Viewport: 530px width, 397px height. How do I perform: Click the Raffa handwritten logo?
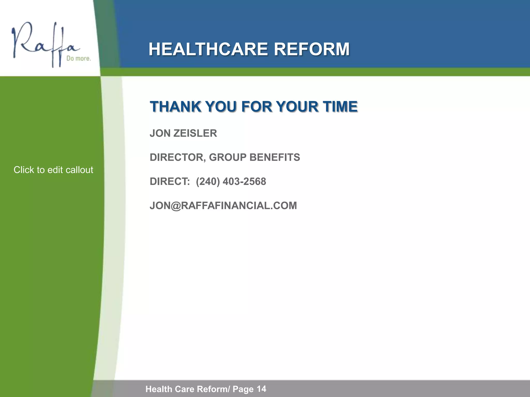44,44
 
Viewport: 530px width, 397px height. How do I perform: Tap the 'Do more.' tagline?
79,58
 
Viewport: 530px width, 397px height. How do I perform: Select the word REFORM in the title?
312,49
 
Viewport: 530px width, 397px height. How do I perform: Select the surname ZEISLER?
195,133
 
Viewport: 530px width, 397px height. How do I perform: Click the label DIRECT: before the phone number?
170,181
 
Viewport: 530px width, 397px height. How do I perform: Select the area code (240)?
208,181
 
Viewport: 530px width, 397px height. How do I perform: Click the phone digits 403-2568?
244,181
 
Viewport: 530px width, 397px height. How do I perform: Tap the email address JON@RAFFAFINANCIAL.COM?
223,206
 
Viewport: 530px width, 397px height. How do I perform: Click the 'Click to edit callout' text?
53,170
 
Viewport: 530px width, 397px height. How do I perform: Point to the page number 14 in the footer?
261,389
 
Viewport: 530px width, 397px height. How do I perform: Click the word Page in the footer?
243,389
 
